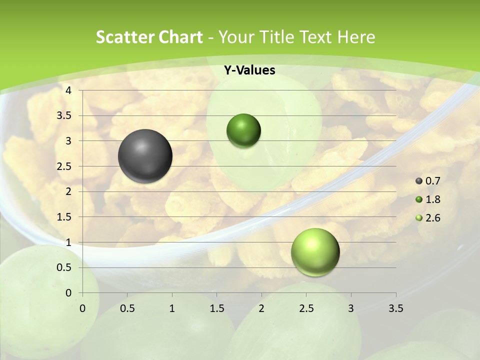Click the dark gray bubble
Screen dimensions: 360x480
145,156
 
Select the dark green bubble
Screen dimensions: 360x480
243,131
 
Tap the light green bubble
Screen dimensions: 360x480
315,252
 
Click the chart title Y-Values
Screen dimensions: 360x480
249,70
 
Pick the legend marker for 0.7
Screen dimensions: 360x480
419,181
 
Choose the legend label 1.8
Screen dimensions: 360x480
432,199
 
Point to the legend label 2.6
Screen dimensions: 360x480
432,218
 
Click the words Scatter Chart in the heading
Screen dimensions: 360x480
149,37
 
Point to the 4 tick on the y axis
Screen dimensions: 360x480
68,90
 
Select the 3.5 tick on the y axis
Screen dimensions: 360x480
64,116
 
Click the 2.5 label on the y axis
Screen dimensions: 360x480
64,166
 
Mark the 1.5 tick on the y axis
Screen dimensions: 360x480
64,217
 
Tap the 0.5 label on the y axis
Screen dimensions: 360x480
64,268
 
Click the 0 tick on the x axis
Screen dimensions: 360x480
82,308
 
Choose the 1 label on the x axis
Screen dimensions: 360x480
172,308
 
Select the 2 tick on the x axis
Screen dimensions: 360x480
261,308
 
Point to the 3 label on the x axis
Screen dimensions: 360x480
351,308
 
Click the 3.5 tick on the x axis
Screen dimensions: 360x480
395,308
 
